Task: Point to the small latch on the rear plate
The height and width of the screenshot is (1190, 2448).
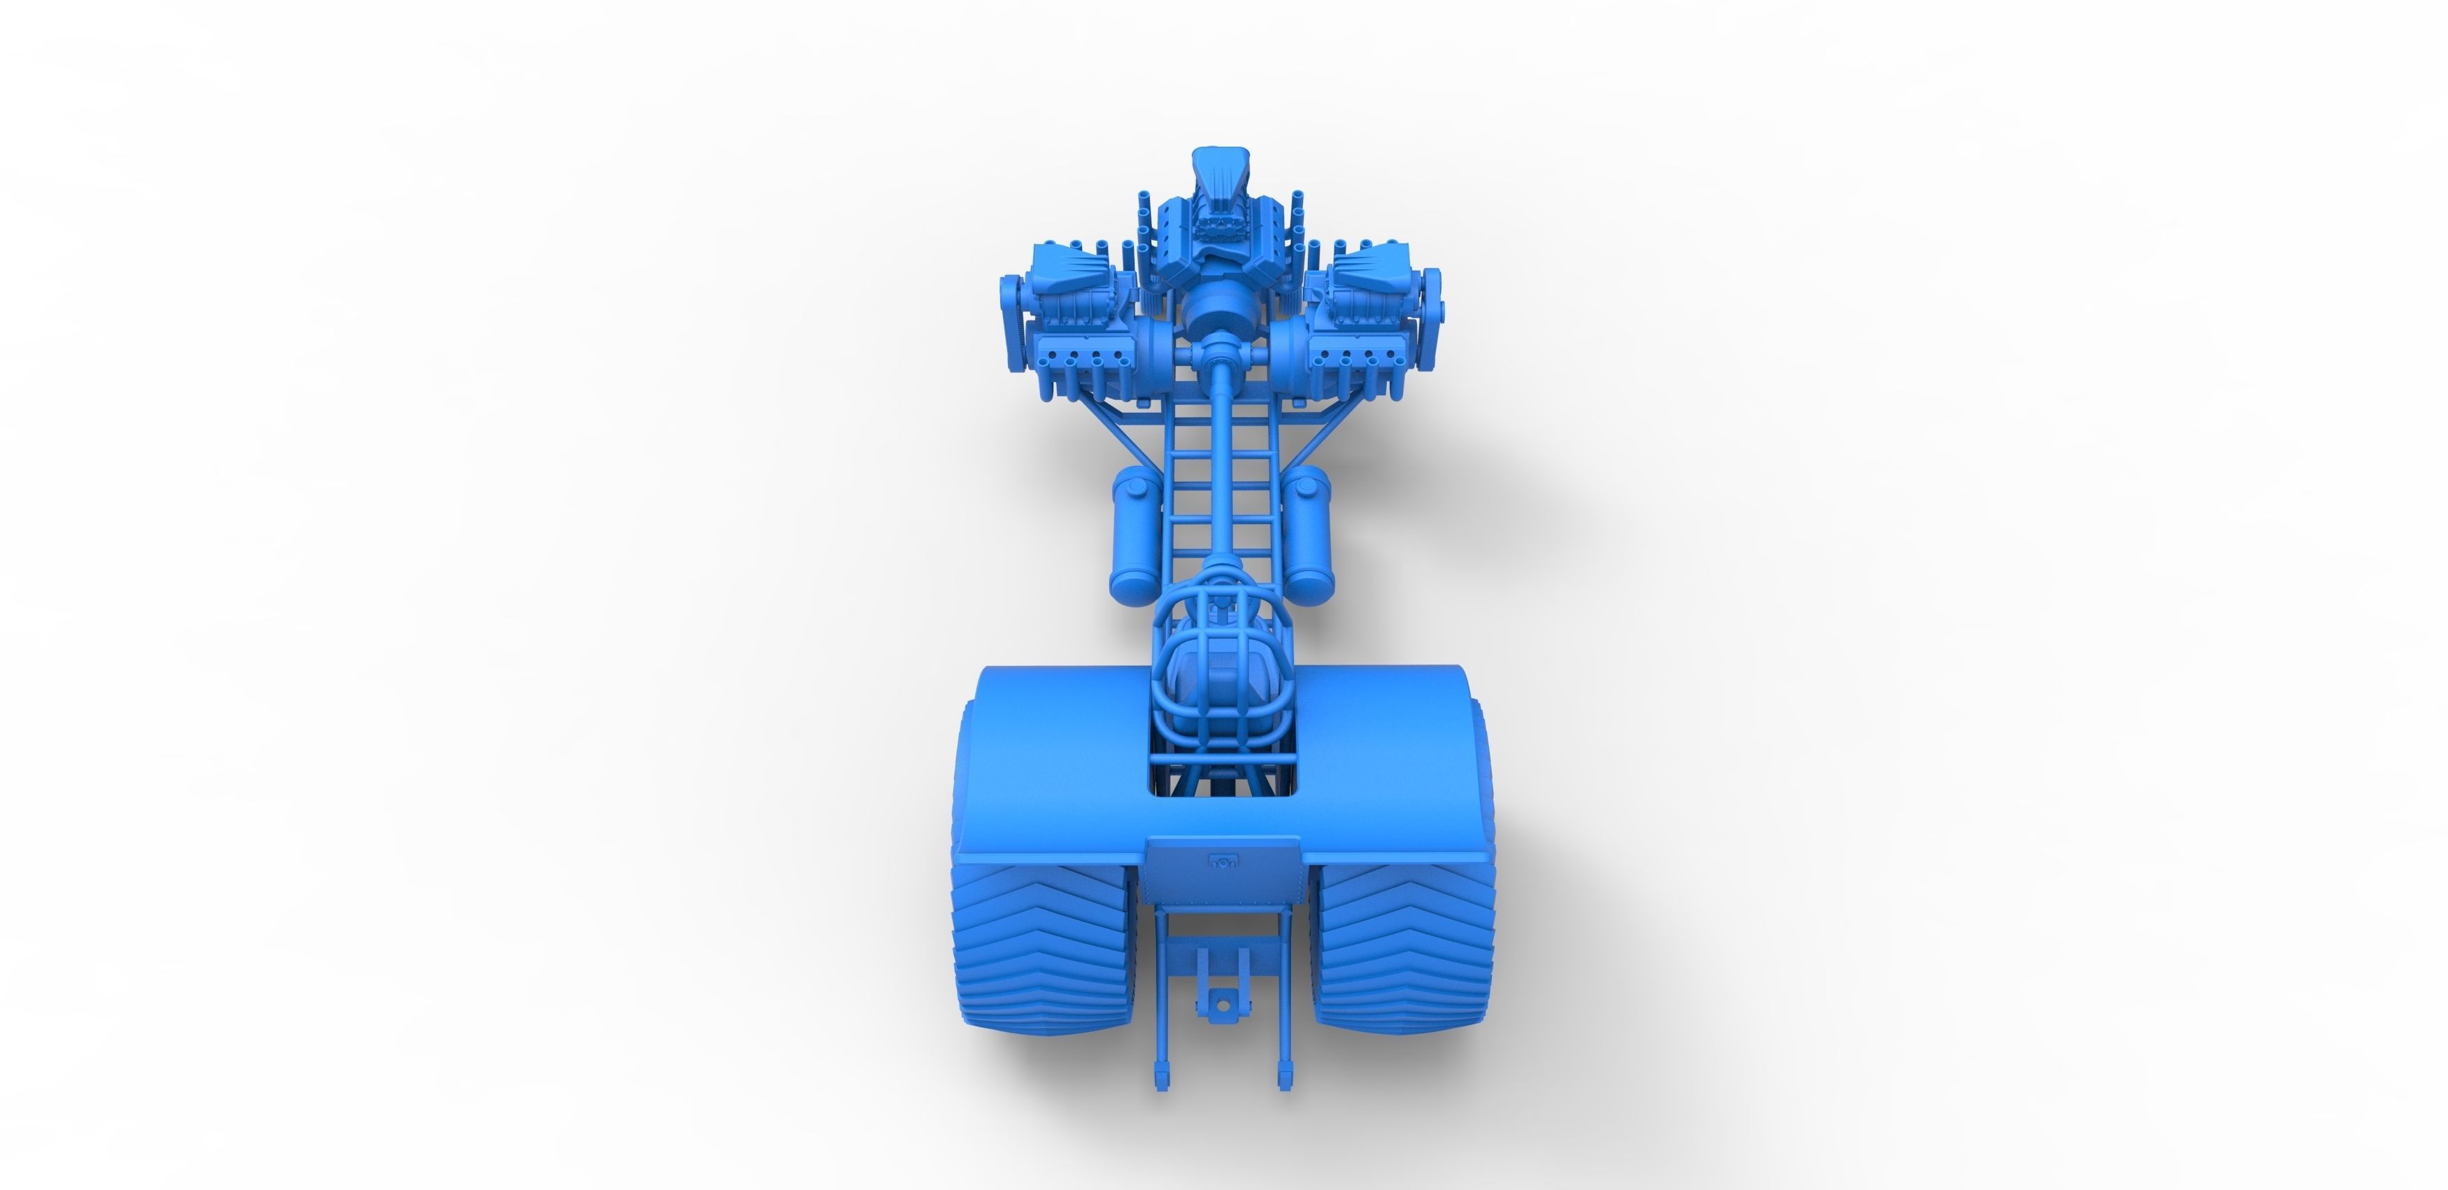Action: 1223,862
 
